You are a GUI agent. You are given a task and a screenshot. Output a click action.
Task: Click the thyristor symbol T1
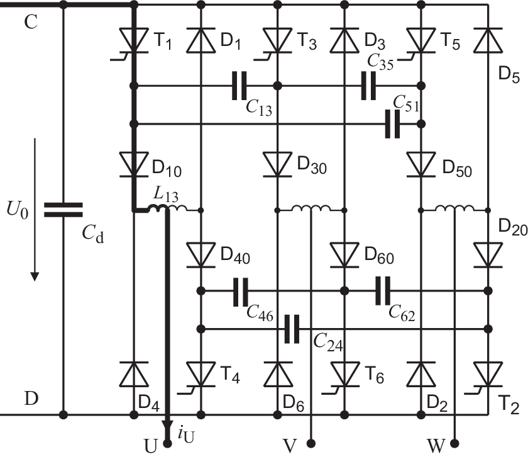[133, 42]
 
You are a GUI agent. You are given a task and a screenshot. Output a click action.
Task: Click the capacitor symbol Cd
[63, 210]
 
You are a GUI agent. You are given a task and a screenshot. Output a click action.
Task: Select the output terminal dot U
[167, 444]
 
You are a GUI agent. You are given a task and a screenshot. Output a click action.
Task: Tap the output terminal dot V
[311, 444]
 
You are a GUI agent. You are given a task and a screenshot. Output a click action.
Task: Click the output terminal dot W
[455, 444]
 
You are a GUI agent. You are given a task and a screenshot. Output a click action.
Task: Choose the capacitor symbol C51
[393, 124]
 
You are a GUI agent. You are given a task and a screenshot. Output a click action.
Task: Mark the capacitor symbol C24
[291, 329]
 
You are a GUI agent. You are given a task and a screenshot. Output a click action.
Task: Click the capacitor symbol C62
[383, 290]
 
